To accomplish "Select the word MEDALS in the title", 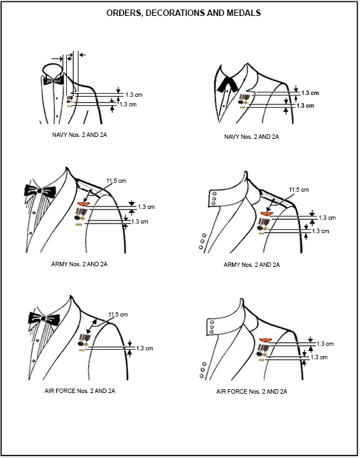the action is tap(247, 13).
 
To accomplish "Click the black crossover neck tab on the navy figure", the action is tap(227, 83).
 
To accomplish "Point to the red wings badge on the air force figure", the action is tap(265, 340).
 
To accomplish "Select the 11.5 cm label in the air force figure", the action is tap(118, 315).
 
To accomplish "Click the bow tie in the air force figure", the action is tap(44, 318).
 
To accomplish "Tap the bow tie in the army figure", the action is tap(40, 191).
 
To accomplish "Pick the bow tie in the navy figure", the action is tap(54, 80).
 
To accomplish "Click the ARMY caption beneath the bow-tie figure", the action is tap(79, 264).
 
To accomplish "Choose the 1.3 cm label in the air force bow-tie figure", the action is tap(145, 348).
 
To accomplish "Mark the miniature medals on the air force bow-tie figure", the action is tap(83, 341).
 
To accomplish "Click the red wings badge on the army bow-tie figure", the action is tap(82, 204).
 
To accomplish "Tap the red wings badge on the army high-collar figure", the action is tap(266, 213).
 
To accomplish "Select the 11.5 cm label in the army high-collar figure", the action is tap(299, 190).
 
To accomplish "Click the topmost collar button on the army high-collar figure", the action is tap(215, 194).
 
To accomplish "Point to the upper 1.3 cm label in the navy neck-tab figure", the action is tap(310, 93).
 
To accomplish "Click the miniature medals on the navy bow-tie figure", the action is tap(70, 99).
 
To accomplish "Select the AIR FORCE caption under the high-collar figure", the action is tap(252, 391).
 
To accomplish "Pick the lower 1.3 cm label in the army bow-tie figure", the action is tap(140, 222).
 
